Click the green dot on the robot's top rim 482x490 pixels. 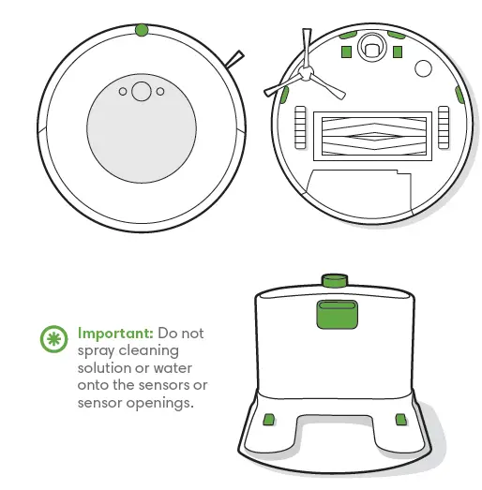(x=141, y=30)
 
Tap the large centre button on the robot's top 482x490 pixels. (x=141, y=91)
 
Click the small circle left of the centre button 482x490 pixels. (x=122, y=92)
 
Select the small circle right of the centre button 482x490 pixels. (x=160, y=92)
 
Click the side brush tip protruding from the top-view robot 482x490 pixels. (x=235, y=58)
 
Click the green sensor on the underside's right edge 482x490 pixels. (x=459, y=95)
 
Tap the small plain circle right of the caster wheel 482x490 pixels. (x=423, y=67)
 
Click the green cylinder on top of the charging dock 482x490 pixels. (x=334, y=280)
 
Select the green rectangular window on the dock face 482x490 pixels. (x=335, y=312)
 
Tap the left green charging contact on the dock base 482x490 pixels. (x=269, y=418)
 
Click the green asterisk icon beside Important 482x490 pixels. (x=53, y=339)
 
